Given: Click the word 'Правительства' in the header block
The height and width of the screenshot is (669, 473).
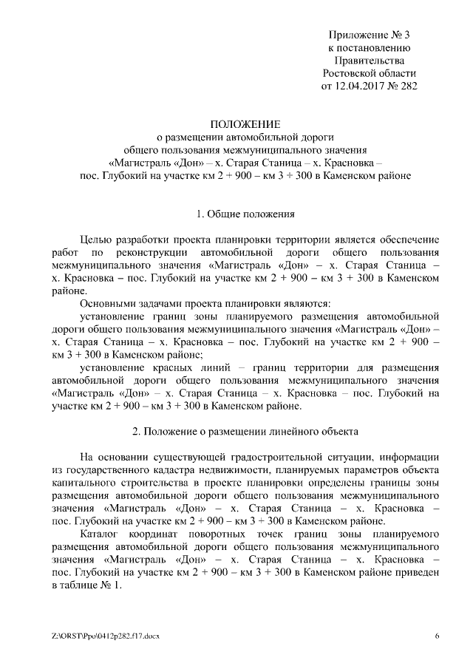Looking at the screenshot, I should coord(369,61).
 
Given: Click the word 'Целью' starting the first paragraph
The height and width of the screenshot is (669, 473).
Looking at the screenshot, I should coord(95,240).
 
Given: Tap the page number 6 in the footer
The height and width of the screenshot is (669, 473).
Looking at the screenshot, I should coord(437,636).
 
